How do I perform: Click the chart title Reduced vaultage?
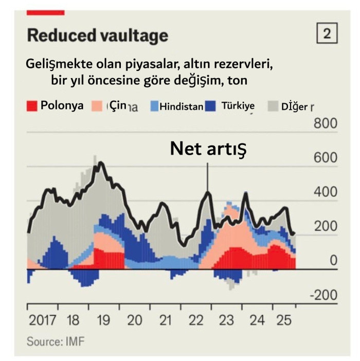click(97, 35)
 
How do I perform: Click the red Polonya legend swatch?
click(32, 106)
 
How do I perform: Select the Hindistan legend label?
click(181, 107)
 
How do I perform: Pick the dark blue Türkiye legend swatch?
click(210, 106)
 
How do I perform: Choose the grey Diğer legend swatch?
click(273, 106)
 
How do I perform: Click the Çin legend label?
click(118, 106)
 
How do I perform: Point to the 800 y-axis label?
click(325, 124)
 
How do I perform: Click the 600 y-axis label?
click(325, 158)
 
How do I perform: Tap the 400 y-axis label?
click(325, 192)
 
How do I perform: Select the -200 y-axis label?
click(322, 295)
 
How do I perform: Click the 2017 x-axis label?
click(43, 320)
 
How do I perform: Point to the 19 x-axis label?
click(103, 320)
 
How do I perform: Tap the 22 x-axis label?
click(195, 320)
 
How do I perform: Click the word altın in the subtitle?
click(191, 66)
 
